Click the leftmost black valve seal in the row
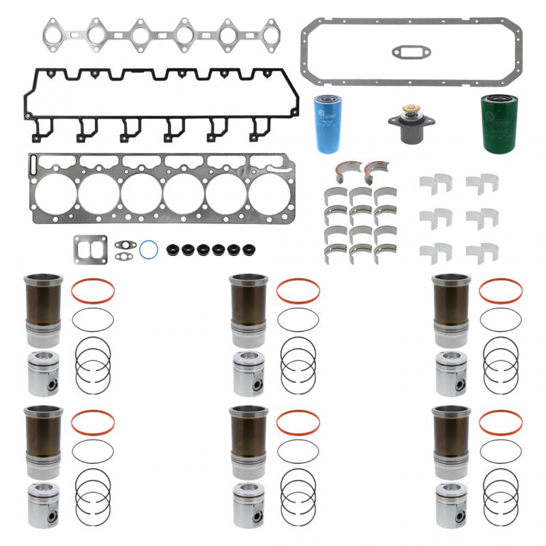click(173, 249)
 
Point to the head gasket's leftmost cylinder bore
click(56, 193)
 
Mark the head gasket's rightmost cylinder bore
click(269, 193)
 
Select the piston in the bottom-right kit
click(451, 505)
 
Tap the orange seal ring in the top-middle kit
click(298, 291)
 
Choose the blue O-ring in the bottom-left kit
click(93, 451)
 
